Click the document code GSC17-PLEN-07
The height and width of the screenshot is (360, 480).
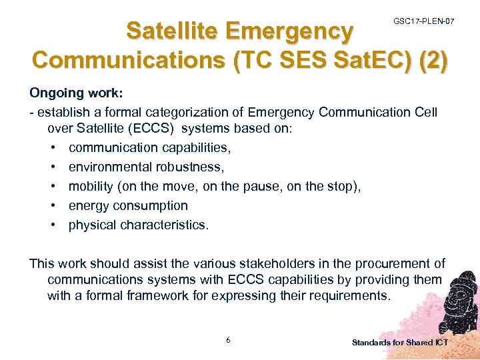click(x=424, y=22)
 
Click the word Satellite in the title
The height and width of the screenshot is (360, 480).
click(x=173, y=31)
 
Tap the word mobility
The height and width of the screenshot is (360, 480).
click(x=93, y=187)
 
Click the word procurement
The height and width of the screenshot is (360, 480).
click(x=390, y=264)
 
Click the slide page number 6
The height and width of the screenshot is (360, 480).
click(x=229, y=340)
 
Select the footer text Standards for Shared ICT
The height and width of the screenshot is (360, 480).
click(x=400, y=342)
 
